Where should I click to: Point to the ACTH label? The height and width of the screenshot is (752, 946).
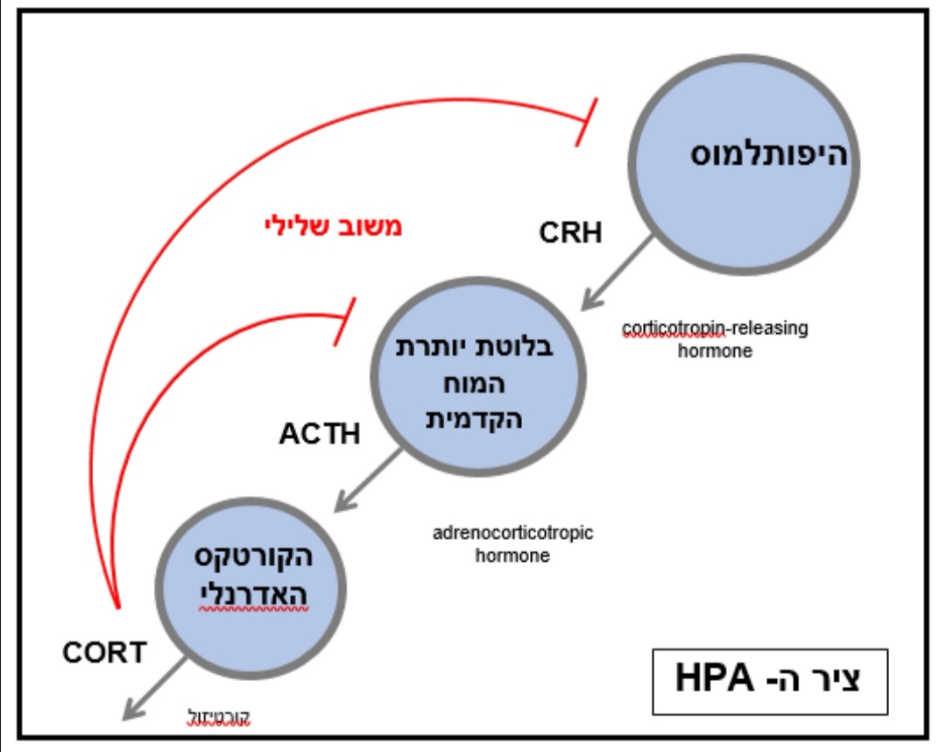click(320, 434)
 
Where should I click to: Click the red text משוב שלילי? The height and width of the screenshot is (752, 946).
click(333, 226)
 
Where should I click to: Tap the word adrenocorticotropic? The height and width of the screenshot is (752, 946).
click(512, 534)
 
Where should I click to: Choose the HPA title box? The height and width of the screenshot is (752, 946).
click(770, 681)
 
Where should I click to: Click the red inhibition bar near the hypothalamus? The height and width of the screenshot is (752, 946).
click(584, 123)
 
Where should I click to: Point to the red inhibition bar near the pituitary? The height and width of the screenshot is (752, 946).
click(344, 322)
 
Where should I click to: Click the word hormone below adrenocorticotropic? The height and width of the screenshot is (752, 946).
click(512, 556)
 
